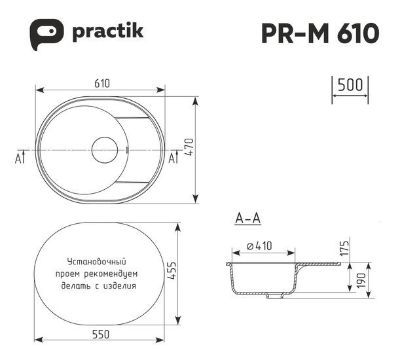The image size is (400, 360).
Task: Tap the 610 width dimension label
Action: [100, 83]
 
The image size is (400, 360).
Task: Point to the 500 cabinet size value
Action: [350, 85]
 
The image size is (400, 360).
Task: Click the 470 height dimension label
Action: [207, 151]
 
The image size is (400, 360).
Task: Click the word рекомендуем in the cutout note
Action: [118, 274]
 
